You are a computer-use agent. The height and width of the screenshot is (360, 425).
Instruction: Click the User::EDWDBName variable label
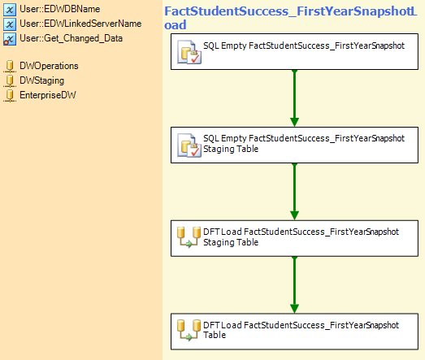click(60, 9)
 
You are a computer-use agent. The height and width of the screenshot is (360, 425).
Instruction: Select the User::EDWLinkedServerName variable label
click(80, 24)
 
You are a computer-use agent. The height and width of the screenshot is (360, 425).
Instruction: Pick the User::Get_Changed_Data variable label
click(71, 38)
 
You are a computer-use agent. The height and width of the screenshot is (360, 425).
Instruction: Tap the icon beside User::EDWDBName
click(10, 10)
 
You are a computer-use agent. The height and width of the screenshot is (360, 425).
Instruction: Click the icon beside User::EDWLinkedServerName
click(10, 24)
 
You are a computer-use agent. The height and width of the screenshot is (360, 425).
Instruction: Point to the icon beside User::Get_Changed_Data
click(10, 39)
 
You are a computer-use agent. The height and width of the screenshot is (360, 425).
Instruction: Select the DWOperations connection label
click(49, 66)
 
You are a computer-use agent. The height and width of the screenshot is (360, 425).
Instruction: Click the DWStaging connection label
click(42, 80)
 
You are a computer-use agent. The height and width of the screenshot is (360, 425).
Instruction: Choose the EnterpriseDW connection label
click(48, 95)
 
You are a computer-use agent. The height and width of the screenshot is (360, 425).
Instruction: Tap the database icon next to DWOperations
click(10, 67)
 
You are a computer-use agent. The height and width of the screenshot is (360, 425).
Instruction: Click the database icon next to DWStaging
click(10, 81)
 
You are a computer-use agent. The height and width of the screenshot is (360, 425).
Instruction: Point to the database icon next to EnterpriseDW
click(10, 96)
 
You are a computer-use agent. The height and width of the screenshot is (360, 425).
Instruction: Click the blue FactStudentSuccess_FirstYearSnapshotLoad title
click(291, 18)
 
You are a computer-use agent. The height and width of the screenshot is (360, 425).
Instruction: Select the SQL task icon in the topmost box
click(189, 52)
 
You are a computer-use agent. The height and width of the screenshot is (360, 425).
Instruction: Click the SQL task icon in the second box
click(189, 145)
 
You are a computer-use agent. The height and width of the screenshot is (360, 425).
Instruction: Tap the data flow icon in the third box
click(189, 237)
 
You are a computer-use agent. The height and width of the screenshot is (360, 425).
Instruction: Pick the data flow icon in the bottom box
click(189, 330)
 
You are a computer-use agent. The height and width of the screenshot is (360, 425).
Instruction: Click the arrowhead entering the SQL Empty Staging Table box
click(294, 122)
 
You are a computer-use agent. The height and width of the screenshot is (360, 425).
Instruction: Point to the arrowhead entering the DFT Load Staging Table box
click(294, 215)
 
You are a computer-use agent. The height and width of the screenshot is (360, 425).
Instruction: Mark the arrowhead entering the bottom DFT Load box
click(294, 309)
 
